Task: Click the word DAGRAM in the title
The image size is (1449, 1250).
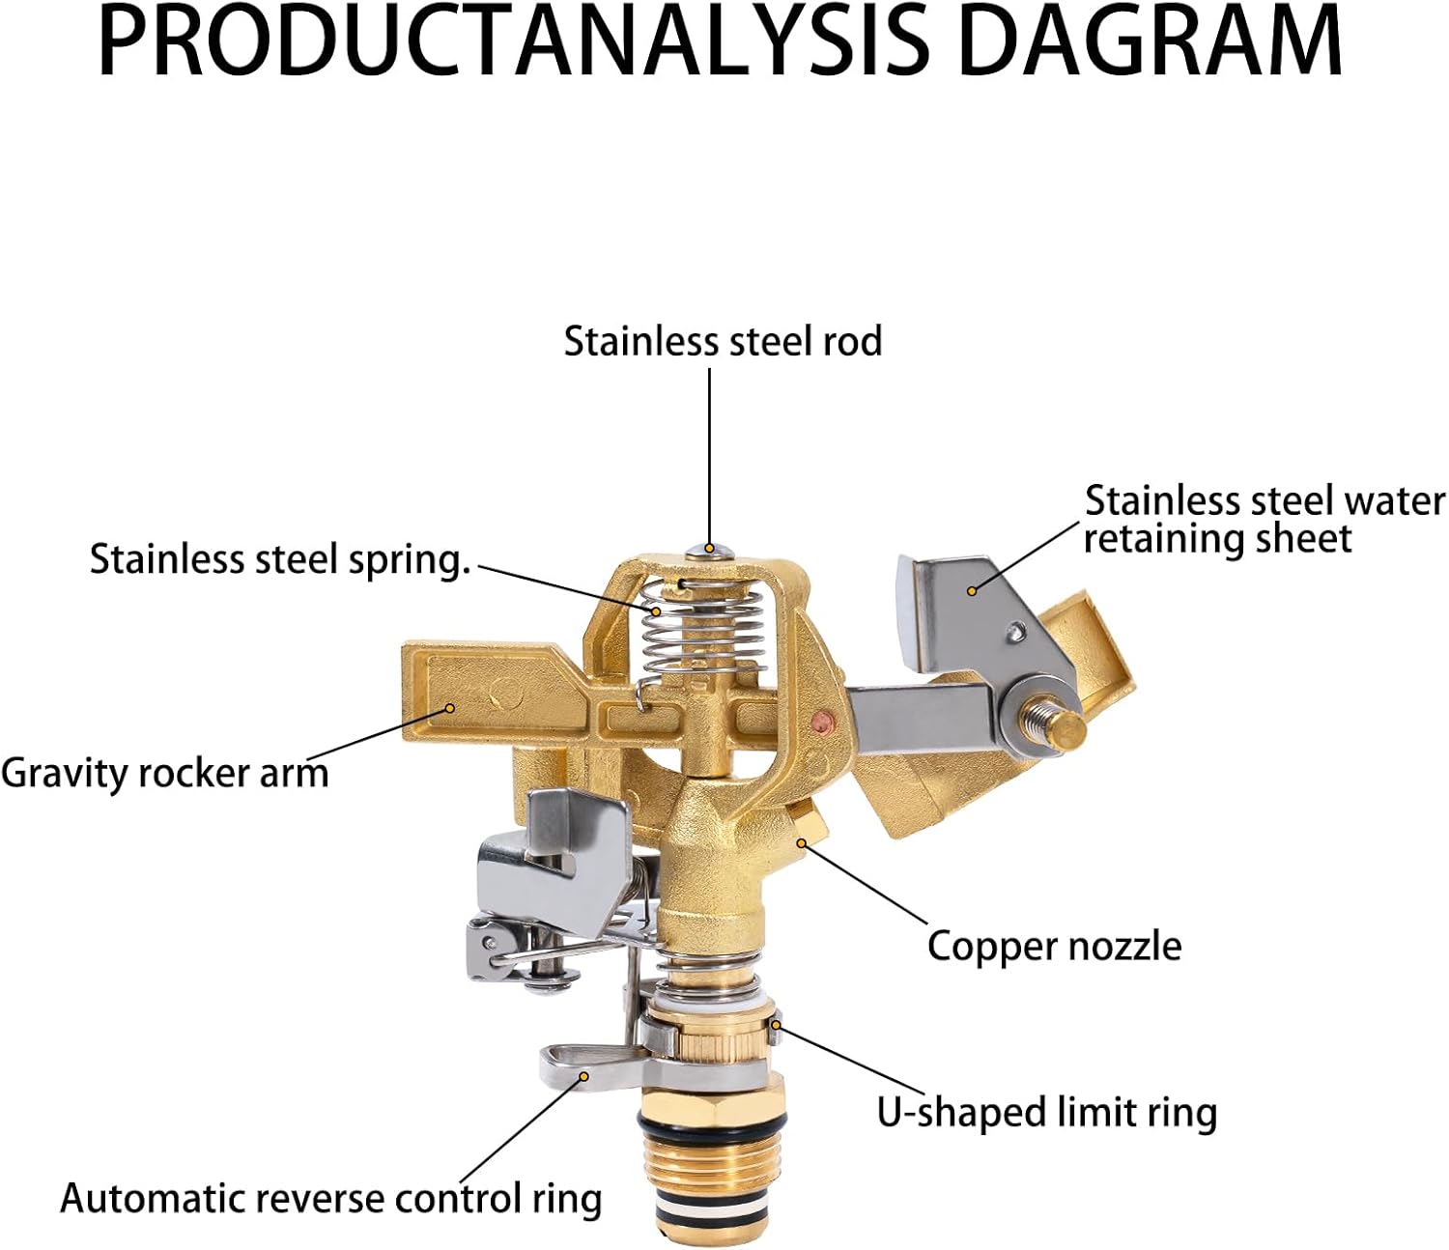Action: coord(1150,43)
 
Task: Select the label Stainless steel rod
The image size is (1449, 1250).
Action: coord(723,342)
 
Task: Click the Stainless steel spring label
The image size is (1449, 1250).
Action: coord(279,559)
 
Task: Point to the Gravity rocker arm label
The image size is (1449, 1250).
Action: coord(164,774)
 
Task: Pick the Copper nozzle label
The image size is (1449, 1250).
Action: coord(1054,946)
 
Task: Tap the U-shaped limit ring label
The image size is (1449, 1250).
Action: coord(1046,1112)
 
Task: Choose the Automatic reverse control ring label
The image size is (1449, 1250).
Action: coord(330,1199)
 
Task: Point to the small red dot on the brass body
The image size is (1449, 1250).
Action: coord(821,720)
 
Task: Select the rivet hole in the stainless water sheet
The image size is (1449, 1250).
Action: coord(1014,632)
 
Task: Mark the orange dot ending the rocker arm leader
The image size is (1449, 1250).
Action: coord(450,707)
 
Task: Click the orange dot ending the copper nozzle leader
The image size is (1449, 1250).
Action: coord(801,842)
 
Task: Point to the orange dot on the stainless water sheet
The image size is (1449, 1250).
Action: coord(973,588)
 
